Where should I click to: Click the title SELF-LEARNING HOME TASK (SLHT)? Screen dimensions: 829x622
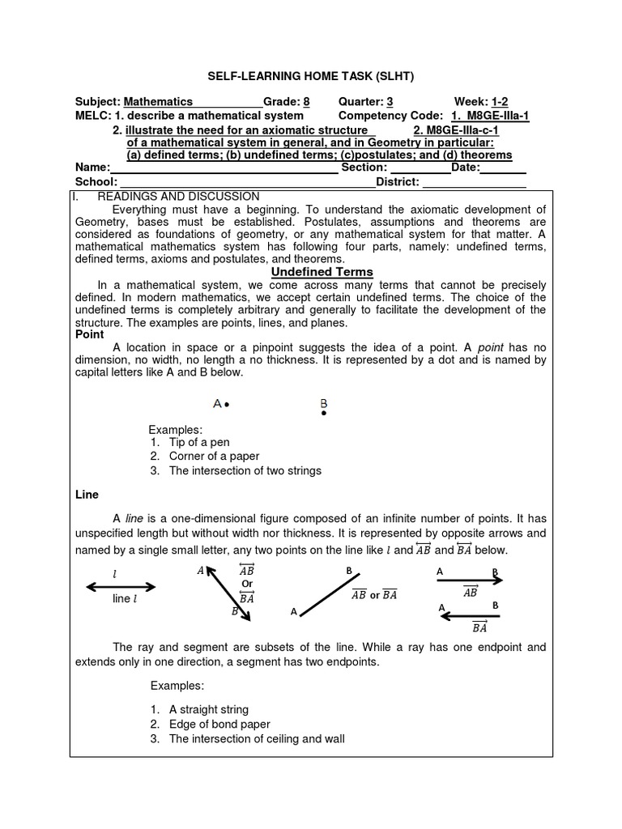click(x=311, y=76)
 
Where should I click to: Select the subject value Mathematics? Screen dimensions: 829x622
click(x=158, y=102)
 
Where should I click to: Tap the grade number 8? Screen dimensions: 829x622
click(x=306, y=102)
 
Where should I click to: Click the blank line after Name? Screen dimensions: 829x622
click(x=224, y=168)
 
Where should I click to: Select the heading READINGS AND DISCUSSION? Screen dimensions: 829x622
click(x=178, y=197)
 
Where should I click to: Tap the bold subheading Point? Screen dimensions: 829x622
click(x=90, y=334)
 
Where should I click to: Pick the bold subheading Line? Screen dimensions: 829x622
click(x=87, y=494)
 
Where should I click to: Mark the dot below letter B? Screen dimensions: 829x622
click(x=324, y=414)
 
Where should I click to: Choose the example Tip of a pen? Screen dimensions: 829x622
click(x=199, y=442)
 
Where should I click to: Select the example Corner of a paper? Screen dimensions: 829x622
click(x=213, y=457)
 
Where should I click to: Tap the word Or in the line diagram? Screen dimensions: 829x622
click(x=248, y=584)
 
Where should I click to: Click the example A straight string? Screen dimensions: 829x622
click(x=209, y=710)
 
